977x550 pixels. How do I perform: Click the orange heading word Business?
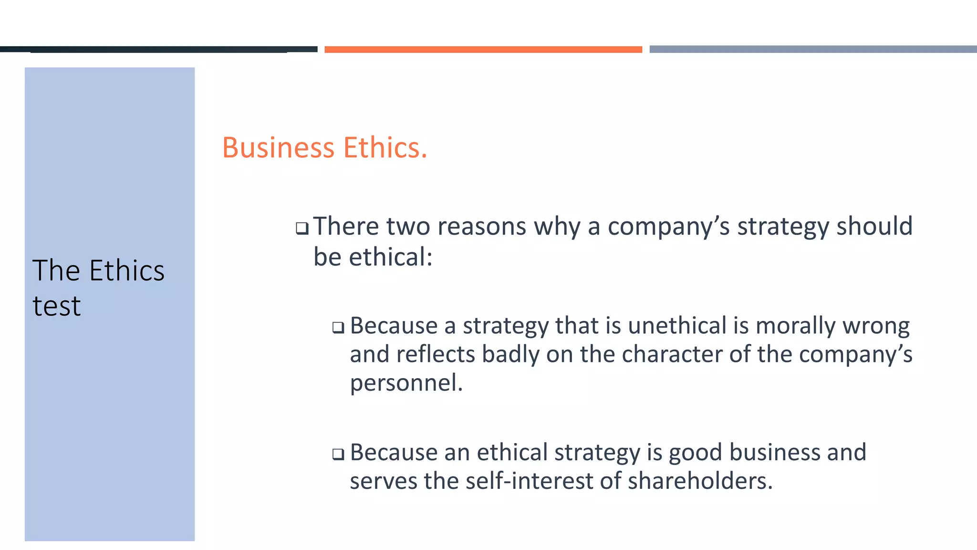click(278, 148)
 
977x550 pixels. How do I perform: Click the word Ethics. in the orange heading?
click(385, 148)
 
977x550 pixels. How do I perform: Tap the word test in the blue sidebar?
click(56, 306)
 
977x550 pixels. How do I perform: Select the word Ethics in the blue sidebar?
click(127, 271)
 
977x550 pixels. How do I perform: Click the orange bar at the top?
click(483, 49)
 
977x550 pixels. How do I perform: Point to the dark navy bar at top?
click(158, 49)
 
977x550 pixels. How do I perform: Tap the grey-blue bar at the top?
click(813, 49)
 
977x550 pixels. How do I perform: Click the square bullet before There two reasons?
click(301, 228)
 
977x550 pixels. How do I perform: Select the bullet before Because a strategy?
click(338, 328)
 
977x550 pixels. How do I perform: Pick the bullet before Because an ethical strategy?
click(338, 454)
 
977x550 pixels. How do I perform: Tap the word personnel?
click(406, 383)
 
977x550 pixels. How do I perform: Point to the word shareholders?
click(700, 481)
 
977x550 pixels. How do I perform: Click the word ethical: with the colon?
click(391, 257)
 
